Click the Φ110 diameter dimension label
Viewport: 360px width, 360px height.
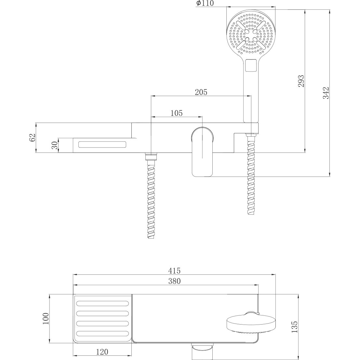click(x=205, y=4)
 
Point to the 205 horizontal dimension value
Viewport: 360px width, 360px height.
click(x=201, y=92)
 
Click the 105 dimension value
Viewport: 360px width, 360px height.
click(x=177, y=113)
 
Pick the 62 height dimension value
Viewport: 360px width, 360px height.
click(x=32, y=138)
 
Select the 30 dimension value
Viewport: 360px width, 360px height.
click(x=55, y=144)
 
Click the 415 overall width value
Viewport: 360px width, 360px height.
click(x=174, y=271)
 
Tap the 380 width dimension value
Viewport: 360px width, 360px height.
click(x=174, y=281)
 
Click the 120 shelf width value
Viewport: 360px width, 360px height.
click(x=102, y=352)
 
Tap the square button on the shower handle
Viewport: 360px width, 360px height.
click(x=251, y=65)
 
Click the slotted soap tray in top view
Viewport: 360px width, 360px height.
click(x=102, y=319)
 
